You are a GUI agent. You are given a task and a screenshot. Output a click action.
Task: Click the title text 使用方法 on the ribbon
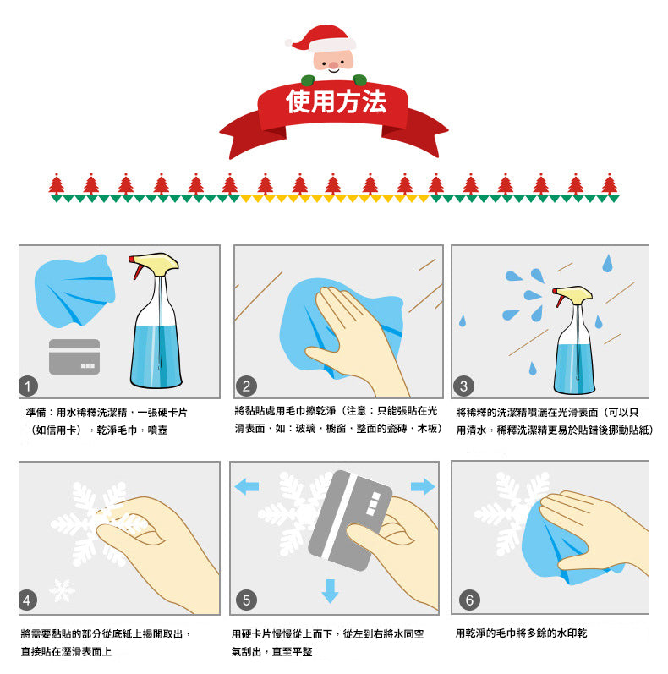(x=337, y=101)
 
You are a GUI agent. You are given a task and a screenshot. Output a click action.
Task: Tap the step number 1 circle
(x=28, y=386)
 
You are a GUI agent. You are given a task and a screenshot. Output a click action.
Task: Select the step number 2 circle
(x=246, y=386)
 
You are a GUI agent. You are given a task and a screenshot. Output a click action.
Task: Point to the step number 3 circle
(x=463, y=386)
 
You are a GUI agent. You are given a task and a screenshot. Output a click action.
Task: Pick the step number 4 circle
(x=28, y=600)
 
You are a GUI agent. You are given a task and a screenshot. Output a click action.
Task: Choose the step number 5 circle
(x=246, y=600)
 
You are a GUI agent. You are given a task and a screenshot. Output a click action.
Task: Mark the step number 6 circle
(x=469, y=600)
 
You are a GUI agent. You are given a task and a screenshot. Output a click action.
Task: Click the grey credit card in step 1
(x=74, y=356)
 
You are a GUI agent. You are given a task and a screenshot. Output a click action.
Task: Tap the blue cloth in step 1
(x=74, y=291)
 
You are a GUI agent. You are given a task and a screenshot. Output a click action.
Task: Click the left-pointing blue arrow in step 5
(x=247, y=486)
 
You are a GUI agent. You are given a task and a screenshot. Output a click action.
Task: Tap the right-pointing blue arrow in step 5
(x=423, y=486)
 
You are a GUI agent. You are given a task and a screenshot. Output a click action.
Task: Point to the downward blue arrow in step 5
(x=330, y=591)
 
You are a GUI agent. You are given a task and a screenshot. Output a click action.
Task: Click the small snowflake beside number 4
(x=62, y=589)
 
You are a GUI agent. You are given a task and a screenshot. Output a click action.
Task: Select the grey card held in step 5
(x=350, y=520)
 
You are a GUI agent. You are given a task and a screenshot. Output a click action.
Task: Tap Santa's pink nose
(x=333, y=65)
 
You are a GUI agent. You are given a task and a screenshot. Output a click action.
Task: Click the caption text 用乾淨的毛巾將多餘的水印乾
(x=521, y=633)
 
